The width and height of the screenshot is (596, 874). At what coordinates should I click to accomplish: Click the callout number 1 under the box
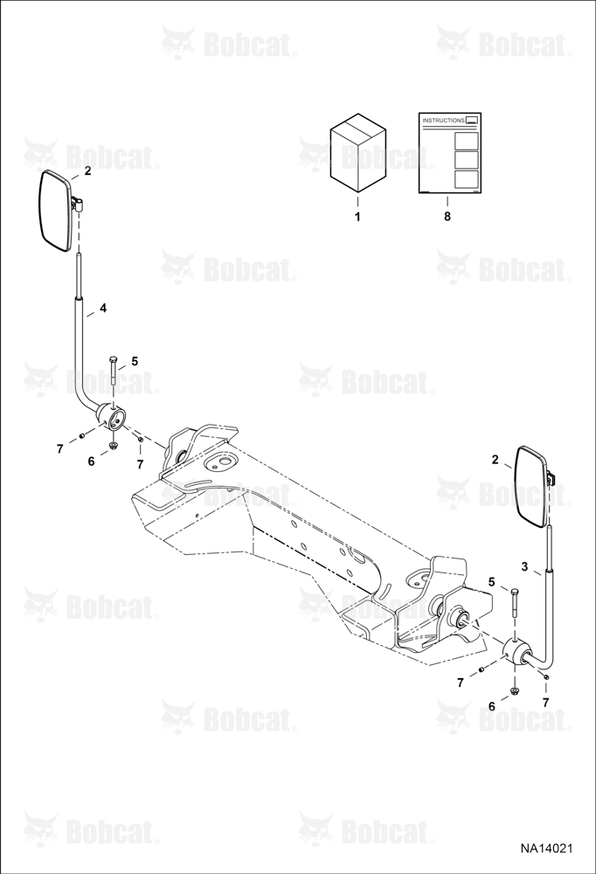(x=357, y=217)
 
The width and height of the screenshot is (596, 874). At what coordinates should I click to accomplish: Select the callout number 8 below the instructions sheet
(x=447, y=217)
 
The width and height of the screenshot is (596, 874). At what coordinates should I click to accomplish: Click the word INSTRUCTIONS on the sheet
(x=443, y=120)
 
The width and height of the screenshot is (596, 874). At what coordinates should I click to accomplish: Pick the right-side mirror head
(x=533, y=483)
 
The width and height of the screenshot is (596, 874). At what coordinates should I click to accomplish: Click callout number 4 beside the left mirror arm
(x=103, y=308)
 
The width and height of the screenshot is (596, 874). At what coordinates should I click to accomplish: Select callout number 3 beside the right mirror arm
(x=524, y=566)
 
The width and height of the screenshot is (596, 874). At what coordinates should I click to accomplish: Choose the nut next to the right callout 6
(x=514, y=692)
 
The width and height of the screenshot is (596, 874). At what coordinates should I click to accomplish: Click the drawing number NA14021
(x=546, y=849)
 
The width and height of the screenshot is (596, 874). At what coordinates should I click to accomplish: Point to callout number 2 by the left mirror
(x=87, y=171)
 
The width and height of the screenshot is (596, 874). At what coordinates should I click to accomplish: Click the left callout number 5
(x=135, y=361)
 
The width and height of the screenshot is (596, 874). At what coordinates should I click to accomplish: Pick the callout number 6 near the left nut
(x=92, y=461)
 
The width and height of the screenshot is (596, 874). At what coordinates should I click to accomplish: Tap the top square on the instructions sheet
(x=466, y=140)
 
